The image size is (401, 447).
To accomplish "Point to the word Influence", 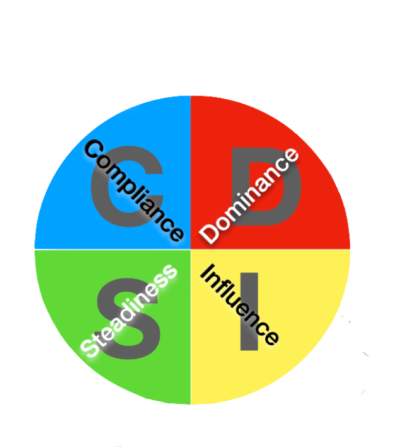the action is [x=240, y=305].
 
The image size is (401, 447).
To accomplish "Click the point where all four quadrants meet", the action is [x=191, y=249].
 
